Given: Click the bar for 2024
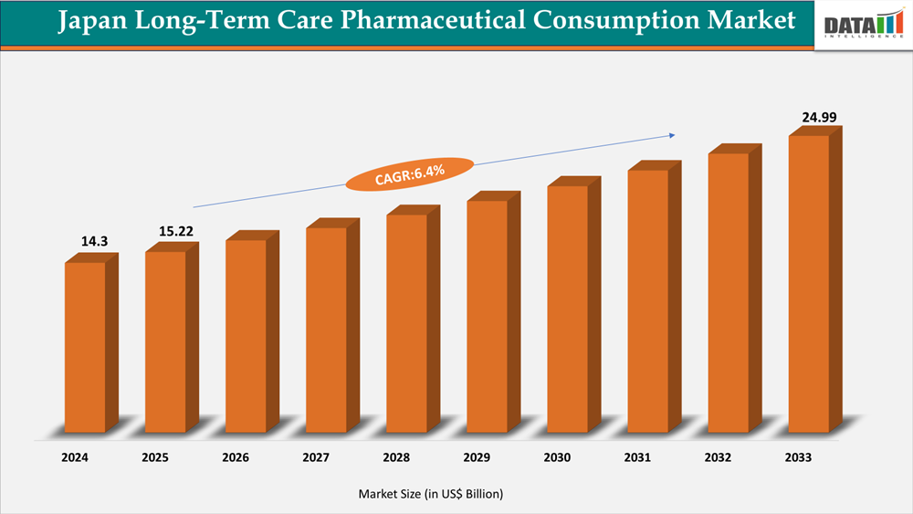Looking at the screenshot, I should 85,347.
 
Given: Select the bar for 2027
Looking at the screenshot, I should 326,329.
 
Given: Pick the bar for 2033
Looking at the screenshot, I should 809,283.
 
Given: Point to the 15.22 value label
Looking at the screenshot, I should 165,231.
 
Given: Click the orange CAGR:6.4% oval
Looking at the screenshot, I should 409,173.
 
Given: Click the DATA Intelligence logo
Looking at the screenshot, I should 862,25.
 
